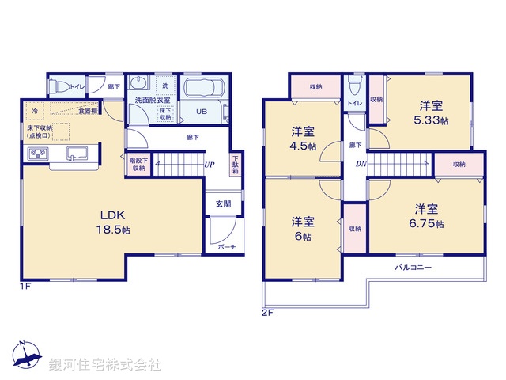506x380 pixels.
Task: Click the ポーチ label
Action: tap(225, 247)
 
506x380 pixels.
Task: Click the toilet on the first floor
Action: tap(59, 86)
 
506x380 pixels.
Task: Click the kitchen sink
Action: tap(76, 152)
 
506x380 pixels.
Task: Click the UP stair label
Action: tap(209, 165)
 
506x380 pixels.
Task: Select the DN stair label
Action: tap(361, 165)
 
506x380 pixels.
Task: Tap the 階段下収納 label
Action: tap(138, 164)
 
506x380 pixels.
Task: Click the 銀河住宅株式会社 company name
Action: tap(105, 365)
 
